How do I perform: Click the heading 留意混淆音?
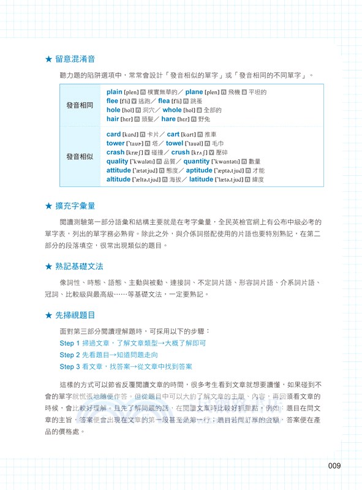tap(74, 59)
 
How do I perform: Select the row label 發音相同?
tap(80, 105)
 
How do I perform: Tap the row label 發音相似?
tap(80, 157)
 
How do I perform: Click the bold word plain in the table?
tap(115, 92)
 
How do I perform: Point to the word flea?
tap(164, 101)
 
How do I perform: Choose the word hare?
tap(167, 119)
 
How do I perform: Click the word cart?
tap(173, 134)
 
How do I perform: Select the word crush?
tap(180, 153)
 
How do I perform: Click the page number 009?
tap(334, 466)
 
